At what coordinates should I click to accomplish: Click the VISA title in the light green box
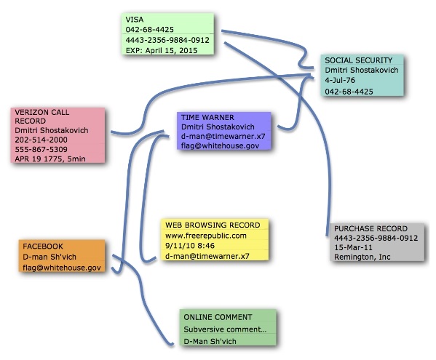[135, 20]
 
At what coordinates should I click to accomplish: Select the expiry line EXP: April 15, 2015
[162, 51]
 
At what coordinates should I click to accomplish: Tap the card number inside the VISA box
[167, 40]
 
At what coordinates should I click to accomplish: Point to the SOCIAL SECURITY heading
[359, 60]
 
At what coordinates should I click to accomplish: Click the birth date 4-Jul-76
[340, 80]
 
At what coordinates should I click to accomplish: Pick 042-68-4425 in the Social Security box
[349, 92]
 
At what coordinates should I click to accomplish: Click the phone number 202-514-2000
[41, 140]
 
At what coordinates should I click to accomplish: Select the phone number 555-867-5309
[41, 149]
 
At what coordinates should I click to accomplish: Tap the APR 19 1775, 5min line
[50, 159]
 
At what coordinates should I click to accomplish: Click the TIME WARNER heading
[207, 117]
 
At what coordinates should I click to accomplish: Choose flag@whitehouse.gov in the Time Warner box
[221, 146]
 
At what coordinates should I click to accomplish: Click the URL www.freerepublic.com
[206, 236]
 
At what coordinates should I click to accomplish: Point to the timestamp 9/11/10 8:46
[190, 246]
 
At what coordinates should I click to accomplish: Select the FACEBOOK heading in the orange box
[43, 247]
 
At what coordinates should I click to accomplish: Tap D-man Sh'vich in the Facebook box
[49, 257]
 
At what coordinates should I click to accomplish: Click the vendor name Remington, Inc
[362, 257]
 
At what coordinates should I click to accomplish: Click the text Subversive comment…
[225, 329]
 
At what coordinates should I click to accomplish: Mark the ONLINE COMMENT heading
[218, 317]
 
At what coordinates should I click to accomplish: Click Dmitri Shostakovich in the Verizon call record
[52, 130]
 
